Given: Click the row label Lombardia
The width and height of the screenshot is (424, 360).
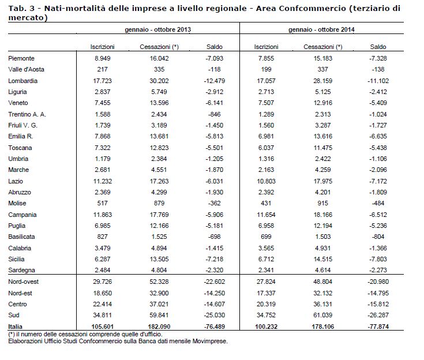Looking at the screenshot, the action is pyautogui.click(x=22, y=81).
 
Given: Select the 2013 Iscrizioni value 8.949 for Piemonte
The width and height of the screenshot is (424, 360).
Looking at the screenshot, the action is pyautogui.click(x=103, y=58).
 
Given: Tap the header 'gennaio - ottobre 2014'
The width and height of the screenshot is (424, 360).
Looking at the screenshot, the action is pyautogui.click(x=321, y=29).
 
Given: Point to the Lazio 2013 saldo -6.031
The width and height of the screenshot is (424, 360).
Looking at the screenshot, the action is pyautogui.click(x=215, y=181).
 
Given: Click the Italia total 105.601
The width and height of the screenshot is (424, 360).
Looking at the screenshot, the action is pyautogui.click(x=103, y=327).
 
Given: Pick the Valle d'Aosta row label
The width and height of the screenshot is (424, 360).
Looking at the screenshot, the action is pyautogui.click(x=26, y=69).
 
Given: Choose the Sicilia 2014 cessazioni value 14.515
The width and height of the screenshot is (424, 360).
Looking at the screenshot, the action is pyautogui.click(x=323, y=259).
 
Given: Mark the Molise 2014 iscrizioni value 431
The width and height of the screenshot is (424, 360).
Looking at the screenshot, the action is pyautogui.click(x=266, y=203).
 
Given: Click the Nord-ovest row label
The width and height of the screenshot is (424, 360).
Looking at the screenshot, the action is pyautogui.click(x=24, y=282).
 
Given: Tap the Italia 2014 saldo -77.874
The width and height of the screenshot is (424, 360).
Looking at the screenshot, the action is pyautogui.click(x=378, y=327).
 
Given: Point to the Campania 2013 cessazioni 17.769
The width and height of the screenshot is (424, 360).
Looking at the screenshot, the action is pyautogui.click(x=159, y=215).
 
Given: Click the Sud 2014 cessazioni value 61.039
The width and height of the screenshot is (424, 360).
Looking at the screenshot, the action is pyautogui.click(x=323, y=315).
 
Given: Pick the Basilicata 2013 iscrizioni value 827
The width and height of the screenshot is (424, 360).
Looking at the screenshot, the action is pyautogui.click(x=103, y=237).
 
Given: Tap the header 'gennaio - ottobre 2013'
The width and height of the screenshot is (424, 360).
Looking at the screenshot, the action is pyautogui.click(x=158, y=29).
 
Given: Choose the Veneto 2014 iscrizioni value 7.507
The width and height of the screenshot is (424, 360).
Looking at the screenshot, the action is pyautogui.click(x=266, y=103).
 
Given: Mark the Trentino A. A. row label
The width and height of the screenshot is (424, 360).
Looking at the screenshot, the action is pyautogui.click(x=27, y=114).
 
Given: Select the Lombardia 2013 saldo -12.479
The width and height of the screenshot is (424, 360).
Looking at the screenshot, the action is pyautogui.click(x=215, y=81).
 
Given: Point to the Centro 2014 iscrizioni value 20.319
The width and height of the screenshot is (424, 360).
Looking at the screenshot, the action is pyautogui.click(x=266, y=304).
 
